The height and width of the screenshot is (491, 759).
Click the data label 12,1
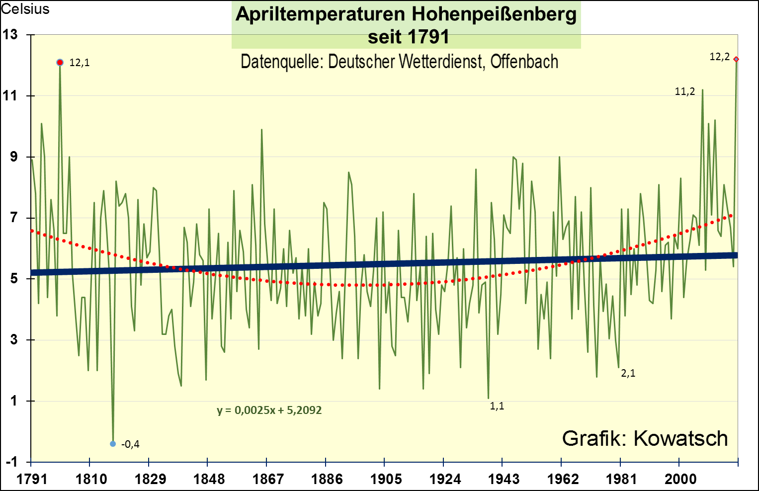pyautogui.click(x=80, y=63)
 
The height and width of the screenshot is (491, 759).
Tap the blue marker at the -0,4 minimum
pyautogui.click(x=113, y=444)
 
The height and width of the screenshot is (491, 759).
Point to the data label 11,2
pyautogui.click(x=684, y=91)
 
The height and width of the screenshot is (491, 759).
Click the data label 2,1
pyautogui.click(x=628, y=373)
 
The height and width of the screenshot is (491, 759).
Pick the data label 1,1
pyautogui.click(x=497, y=406)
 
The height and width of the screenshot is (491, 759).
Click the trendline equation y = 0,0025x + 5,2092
pyautogui.click(x=269, y=410)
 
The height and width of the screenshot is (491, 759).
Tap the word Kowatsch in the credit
pyautogui.click(x=680, y=438)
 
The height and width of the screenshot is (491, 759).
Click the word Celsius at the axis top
pyautogui.click(x=25, y=9)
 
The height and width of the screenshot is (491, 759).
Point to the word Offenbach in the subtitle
pyautogui.click(x=524, y=62)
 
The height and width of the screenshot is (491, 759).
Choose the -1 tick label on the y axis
pyautogui.click(x=11, y=462)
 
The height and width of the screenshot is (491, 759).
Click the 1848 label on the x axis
pyautogui.click(x=209, y=479)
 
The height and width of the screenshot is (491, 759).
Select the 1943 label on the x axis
pyautogui.click(x=504, y=479)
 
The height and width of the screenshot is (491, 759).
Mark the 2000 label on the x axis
pyautogui.click(x=680, y=479)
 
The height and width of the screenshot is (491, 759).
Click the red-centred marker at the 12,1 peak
pyautogui.click(x=60, y=63)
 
